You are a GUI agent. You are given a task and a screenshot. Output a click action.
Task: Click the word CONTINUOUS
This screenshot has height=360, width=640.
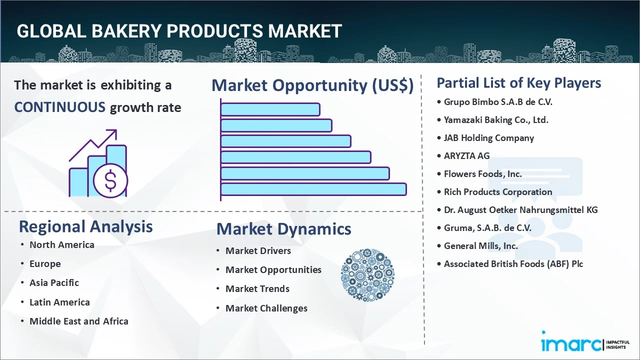pos(60,107)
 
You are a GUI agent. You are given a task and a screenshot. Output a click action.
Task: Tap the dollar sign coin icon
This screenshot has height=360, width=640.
pos(110,181)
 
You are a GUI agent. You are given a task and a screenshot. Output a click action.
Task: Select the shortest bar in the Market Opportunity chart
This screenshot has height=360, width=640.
pos(270,109)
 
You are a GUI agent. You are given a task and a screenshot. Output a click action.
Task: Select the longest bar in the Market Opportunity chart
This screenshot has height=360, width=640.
pos(313,189)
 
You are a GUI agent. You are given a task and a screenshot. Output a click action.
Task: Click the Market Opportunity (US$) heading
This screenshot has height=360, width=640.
pos(312,85)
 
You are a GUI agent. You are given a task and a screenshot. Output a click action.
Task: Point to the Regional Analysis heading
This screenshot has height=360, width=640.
pos(85,226)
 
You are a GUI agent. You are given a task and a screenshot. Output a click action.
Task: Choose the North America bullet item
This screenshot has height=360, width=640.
pos(61,245)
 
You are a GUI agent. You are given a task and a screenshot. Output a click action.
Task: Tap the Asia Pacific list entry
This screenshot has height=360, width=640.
pos(54,283)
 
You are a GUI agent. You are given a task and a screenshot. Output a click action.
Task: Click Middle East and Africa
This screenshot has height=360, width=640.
pos(79,321)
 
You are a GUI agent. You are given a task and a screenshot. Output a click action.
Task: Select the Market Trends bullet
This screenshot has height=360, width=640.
pos(257,289)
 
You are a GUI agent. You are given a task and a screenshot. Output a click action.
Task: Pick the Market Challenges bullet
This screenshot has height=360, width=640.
pos(266,308)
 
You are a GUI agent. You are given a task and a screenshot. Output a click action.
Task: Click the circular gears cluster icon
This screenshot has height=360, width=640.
pos(367,275)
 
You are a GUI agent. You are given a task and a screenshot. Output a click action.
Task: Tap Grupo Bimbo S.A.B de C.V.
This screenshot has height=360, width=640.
pos(498,102)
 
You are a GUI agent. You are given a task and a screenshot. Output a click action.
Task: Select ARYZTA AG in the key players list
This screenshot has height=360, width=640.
pos(466,156)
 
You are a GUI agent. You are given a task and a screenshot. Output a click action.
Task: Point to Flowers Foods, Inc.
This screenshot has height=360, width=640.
pos(482,174)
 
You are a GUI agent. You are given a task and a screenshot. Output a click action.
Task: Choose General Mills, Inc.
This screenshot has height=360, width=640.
pos(480,246)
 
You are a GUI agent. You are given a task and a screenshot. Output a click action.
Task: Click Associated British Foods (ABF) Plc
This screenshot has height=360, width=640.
pos(513,264)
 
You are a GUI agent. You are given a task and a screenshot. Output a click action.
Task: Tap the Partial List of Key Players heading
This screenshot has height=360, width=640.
pos(519,83)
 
